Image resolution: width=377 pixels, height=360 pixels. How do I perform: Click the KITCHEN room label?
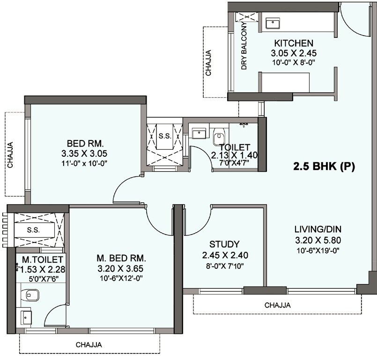point(287,43)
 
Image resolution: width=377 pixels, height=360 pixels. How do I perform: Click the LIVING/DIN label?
point(318,229)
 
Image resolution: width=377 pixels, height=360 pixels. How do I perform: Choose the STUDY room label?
point(224,244)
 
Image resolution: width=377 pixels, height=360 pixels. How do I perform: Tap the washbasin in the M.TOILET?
point(24,317)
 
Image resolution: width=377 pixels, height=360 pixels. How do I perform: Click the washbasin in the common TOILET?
point(199,133)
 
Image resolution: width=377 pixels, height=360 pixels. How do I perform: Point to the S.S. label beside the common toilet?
point(163,137)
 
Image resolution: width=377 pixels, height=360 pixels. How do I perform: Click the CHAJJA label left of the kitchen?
point(208,63)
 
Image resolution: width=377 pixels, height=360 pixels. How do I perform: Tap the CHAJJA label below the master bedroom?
point(89,345)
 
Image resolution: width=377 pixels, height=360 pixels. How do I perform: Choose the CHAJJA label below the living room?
point(277,305)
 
